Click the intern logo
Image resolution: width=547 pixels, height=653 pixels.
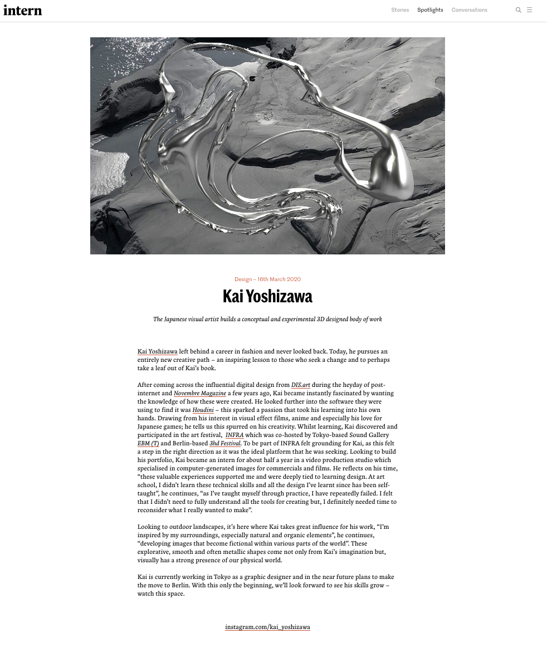click(23, 10)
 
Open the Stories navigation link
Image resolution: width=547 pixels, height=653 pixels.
click(400, 10)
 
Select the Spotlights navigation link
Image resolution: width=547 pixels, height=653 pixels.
click(430, 10)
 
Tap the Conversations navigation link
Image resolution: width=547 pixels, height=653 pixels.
click(469, 10)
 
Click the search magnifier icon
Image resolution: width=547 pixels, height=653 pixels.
click(518, 10)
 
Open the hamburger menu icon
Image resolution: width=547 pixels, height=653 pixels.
click(529, 10)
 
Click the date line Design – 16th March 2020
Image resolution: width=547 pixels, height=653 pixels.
click(267, 279)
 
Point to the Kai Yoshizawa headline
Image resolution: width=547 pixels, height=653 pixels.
click(267, 296)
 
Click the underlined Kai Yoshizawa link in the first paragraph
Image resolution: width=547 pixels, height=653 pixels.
click(157, 352)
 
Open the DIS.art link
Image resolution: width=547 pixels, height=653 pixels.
click(300, 385)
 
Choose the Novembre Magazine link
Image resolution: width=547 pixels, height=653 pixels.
click(199, 394)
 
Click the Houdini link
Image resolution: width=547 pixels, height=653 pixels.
click(203, 410)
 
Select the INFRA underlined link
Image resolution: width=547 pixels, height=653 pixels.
click(235, 435)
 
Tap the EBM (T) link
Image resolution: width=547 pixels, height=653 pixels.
click(148, 444)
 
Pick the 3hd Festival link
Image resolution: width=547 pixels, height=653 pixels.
click(225, 444)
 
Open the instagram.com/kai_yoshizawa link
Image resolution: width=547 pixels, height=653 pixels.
click(267, 627)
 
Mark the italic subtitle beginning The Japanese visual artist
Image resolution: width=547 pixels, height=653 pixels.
click(267, 320)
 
